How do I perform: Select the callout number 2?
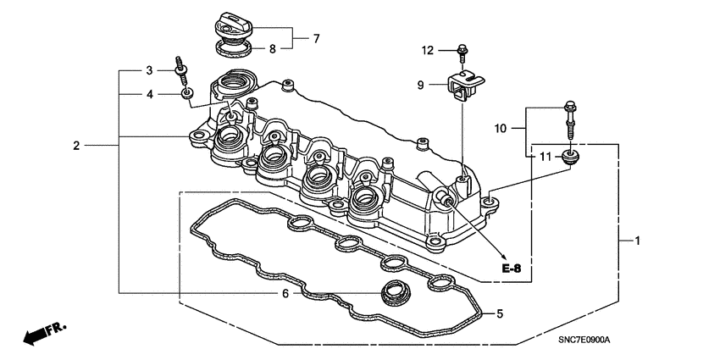tap(76, 146)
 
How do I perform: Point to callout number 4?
tap(148, 94)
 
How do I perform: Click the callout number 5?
tap(500, 314)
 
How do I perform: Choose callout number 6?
tap(285, 293)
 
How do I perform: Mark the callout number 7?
tap(316, 38)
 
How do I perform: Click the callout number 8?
tap(273, 49)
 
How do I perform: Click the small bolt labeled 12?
tap(462, 52)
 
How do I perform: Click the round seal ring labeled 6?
tap(392, 292)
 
